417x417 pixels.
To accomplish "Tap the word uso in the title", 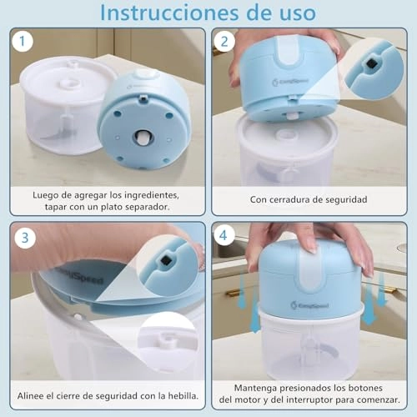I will [x=292, y=13].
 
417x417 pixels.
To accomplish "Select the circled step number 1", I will [x=25, y=41].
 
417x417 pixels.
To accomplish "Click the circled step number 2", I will [x=224, y=41].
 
